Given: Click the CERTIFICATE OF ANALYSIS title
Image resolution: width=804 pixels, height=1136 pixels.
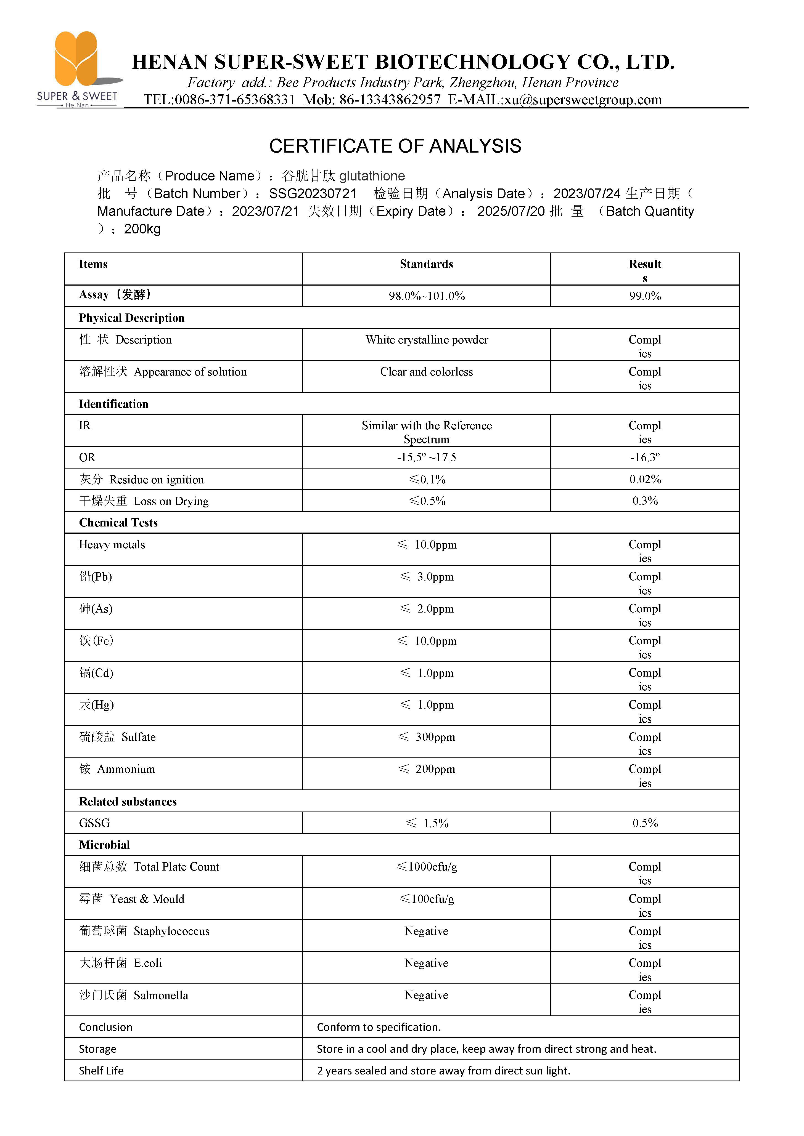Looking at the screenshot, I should point(395,147).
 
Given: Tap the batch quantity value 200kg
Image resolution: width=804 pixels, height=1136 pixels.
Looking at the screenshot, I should point(142,229).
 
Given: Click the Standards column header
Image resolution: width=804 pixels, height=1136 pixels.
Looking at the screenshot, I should point(426,264).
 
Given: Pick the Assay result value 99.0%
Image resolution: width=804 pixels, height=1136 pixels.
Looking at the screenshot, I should point(645,296).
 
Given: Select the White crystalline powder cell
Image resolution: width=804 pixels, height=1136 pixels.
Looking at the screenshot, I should point(426,340).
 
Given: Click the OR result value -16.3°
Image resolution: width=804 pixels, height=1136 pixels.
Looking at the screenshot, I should point(645,458).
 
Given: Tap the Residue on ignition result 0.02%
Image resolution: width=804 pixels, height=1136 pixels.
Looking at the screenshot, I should point(645,480).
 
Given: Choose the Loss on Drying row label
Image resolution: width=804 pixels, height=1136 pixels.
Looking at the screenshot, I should point(144,501).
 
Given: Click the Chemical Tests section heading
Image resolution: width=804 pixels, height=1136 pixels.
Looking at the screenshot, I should point(118,523).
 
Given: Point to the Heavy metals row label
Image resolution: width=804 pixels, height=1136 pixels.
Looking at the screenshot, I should point(112,545).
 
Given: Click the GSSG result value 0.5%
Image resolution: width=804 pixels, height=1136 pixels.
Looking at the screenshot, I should point(645,823).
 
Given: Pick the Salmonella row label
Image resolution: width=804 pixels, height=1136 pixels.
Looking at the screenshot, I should point(134,996).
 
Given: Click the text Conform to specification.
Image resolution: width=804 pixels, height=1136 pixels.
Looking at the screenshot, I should point(379,1027).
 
